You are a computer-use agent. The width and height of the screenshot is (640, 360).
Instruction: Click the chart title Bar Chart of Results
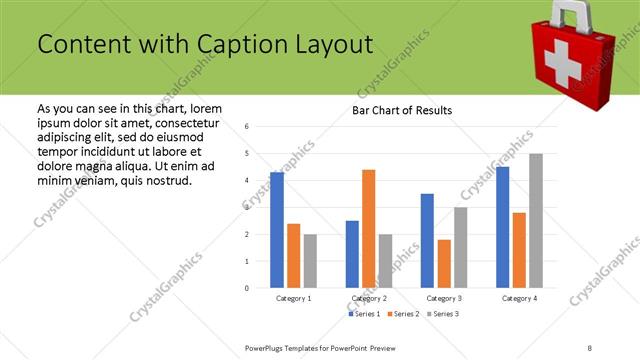402,110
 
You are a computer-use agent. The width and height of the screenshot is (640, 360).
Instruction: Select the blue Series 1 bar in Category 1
277,230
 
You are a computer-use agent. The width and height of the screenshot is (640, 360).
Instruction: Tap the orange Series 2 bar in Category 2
368,228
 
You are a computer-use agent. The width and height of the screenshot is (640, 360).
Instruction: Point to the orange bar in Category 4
519,250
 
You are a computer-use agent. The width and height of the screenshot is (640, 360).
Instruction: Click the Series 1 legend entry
365,314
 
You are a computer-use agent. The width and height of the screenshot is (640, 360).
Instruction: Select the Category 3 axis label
444,298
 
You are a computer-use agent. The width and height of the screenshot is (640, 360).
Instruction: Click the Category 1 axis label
294,298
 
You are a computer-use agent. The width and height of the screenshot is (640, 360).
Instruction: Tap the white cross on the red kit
562,62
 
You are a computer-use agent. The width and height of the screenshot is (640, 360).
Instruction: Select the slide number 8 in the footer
590,347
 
